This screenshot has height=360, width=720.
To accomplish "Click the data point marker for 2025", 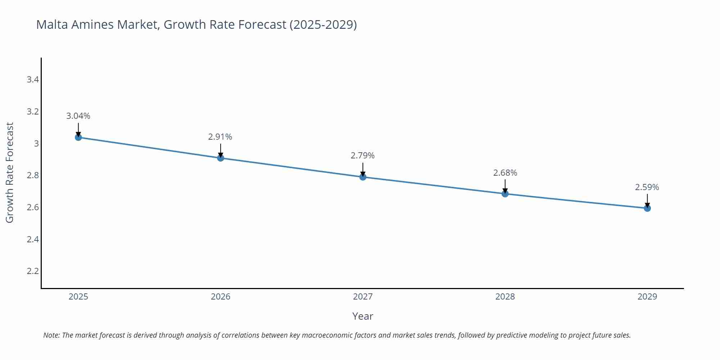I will coord(78,137).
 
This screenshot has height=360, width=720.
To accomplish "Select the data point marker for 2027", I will coord(363,177).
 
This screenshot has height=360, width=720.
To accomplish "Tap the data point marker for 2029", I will coord(647,208).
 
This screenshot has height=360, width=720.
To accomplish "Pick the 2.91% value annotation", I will coord(220,137).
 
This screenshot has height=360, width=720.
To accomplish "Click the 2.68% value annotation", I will coord(505,173).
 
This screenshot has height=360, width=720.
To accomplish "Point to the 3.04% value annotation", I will coord(78,116).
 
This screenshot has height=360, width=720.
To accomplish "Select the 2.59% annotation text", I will coord(647,187).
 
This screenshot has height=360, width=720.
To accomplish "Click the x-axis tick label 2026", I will coord(220,297).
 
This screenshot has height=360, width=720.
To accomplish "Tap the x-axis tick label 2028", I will coord(505,297).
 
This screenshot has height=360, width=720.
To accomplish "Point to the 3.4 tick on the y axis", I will coord(33,80).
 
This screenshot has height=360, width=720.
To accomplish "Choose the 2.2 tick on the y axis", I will coord(33,271).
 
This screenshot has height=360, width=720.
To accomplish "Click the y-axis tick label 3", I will coord(36,144).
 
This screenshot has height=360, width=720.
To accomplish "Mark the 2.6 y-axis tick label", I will coord(33,207).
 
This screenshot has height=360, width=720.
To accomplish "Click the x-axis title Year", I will coord(363,316).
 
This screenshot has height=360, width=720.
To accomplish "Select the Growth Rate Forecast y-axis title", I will coord(10,172).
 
